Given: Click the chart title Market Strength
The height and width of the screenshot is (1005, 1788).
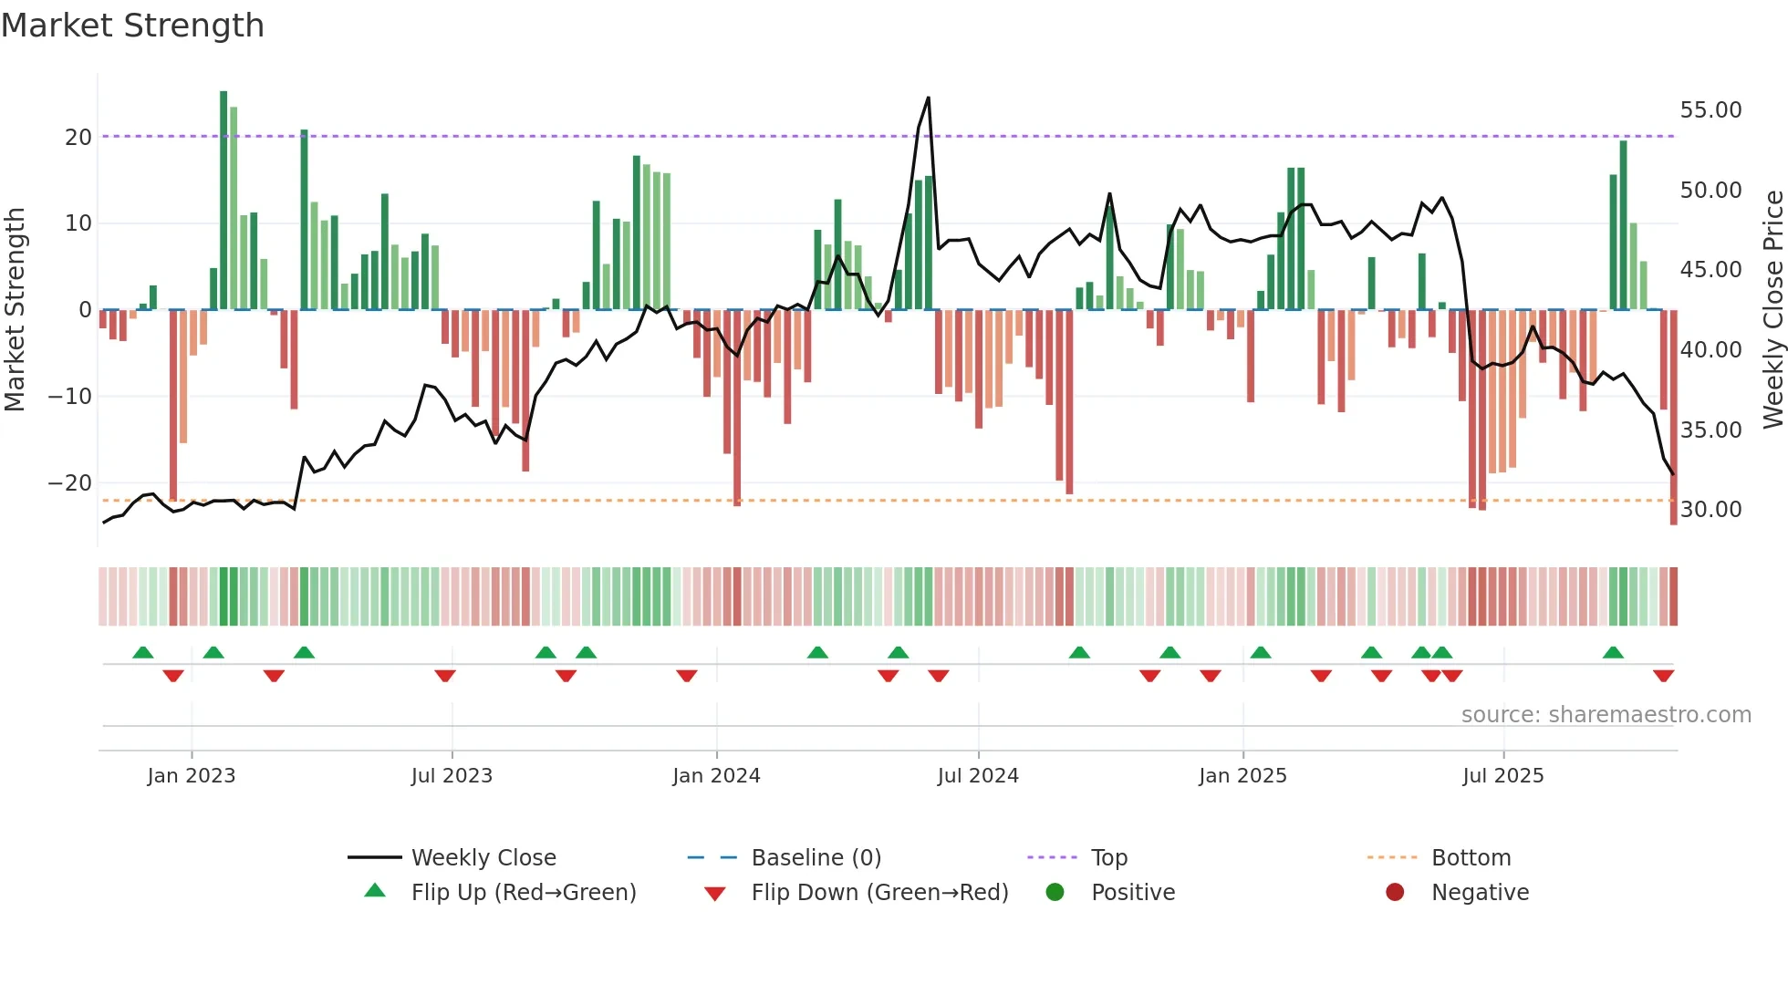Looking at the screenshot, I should coord(132,26).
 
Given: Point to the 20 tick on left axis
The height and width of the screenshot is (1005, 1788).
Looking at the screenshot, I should coord(78,138).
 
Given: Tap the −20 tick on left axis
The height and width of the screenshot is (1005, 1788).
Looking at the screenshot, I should coord(70,483).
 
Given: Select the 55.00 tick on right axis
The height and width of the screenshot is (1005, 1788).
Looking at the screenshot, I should coord(1710,110).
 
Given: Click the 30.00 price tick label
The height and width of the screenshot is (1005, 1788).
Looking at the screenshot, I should coord(1710,510).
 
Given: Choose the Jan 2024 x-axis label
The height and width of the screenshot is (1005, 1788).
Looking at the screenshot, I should coord(716,776).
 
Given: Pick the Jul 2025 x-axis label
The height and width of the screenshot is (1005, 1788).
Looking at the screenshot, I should coord(1502,776).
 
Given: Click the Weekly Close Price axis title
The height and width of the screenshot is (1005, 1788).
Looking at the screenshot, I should coord(1772,310).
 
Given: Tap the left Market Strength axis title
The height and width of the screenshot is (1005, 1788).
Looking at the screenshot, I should coord(15,310).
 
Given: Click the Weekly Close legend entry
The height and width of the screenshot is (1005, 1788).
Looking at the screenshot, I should coord(483,858).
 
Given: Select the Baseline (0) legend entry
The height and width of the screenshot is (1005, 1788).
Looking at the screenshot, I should coord(816,858).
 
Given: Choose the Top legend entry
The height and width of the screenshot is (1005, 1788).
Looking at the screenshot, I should coord(1108,858).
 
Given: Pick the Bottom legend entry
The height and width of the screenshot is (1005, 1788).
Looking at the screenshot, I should coord(1471,858).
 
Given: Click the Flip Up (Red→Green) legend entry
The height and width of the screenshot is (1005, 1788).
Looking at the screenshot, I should coord(523,893).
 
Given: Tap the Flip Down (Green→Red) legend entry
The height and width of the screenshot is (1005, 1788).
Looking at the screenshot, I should coord(878,893).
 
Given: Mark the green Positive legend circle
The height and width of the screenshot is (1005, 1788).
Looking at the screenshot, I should coord(1055,893).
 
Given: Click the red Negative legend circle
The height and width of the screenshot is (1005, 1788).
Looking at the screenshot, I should coord(1395,893).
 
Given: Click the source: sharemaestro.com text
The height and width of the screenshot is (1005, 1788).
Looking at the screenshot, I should coord(1606,715).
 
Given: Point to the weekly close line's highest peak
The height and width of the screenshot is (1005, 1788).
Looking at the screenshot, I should coord(928,98).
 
